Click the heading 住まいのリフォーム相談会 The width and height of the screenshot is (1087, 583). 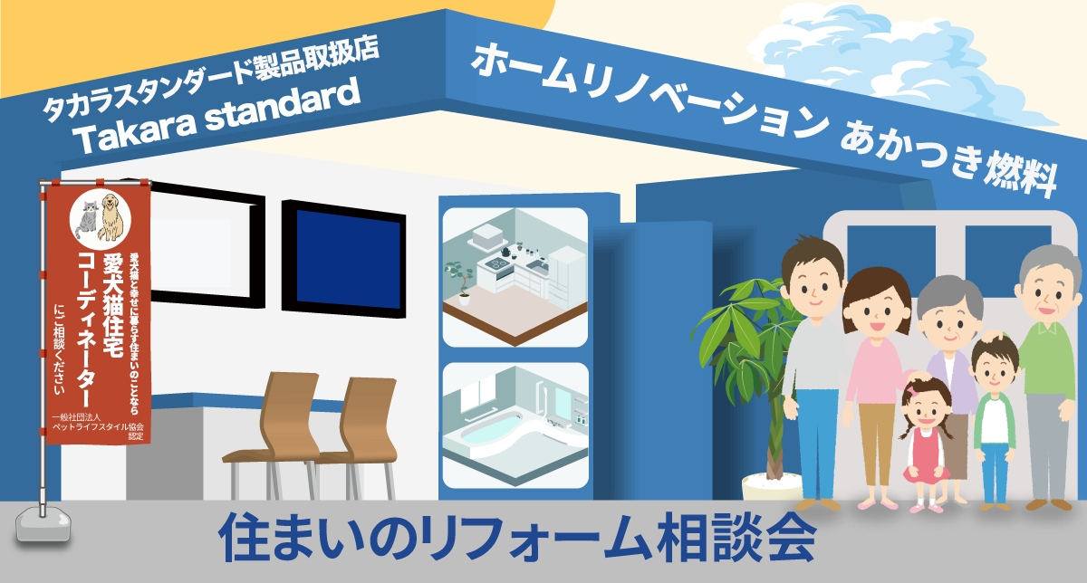(516, 538)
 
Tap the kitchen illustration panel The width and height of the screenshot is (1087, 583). (515, 277)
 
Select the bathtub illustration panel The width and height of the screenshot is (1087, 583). (515, 426)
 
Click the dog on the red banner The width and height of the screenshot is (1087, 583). (110, 218)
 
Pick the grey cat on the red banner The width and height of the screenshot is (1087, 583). (89, 220)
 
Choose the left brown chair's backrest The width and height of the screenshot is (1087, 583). (289, 407)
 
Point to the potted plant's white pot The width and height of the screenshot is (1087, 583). (765, 484)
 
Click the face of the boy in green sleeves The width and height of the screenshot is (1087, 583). (995, 368)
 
